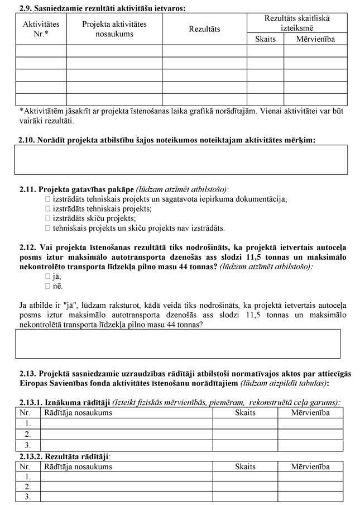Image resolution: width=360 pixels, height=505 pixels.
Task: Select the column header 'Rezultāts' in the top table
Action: [204, 28]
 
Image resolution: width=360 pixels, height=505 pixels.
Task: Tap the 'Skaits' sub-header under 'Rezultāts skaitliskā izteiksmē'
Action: [265, 39]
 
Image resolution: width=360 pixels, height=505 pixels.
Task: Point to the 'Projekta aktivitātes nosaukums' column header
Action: [114, 29]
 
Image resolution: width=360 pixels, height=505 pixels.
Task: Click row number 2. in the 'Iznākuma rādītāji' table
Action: [27, 434]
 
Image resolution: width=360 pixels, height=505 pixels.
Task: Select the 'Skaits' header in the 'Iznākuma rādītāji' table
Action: [245, 413]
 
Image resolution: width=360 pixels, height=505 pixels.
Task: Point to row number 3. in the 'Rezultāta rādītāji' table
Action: [27, 497]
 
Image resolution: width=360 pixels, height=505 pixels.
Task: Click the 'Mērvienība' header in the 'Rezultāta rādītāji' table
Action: [310, 466]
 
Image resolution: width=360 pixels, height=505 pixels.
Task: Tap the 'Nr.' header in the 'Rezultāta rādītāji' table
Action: [25, 466]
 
